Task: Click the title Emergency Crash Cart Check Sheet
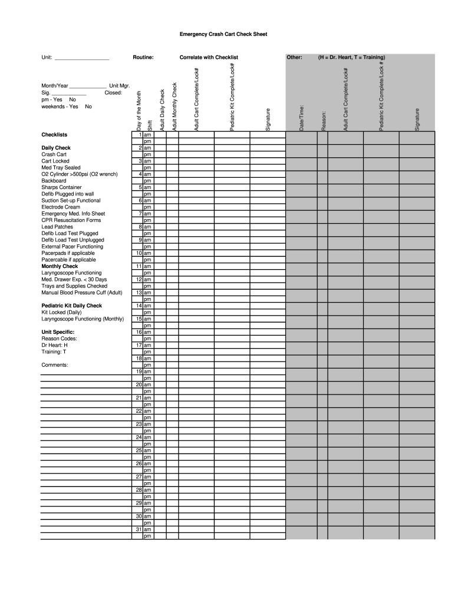pyautogui.click(x=223, y=35)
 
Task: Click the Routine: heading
pyautogui.click(x=143, y=58)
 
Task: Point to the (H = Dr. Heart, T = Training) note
pyautogui.click(x=351, y=58)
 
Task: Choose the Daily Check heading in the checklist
pyautogui.click(x=56, y=148)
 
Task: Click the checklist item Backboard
pyautogui.click(x=54, y=181)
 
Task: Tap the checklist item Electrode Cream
pyautogui.click(x=61, y=207)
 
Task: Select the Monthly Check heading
pyautogui.click(x=60, y=266)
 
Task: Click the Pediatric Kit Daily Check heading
pyautogui.click(x=71, y=306)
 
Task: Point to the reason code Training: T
pyautogui.click(x=54, y=352)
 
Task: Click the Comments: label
pyautogui.click(x=55, y=365)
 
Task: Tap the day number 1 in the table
pyautogui.click(x=140, y=135)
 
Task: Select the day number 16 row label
pyautogui.click(x=139, y=332)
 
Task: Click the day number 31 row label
pyautogui.click(x=139, y=529)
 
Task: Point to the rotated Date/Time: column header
pyautogui.click(x=301, y=118)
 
